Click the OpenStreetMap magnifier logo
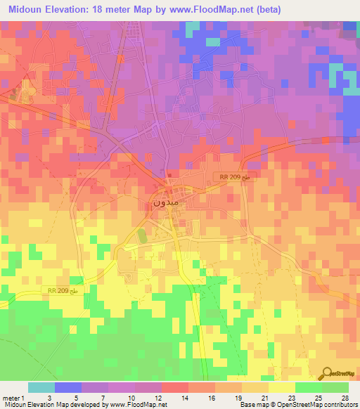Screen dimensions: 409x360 point(328,373)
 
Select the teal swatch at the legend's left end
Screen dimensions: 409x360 point(41,387)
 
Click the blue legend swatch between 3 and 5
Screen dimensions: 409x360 point(68,387)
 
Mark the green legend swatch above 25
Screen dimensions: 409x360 point(309,387)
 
